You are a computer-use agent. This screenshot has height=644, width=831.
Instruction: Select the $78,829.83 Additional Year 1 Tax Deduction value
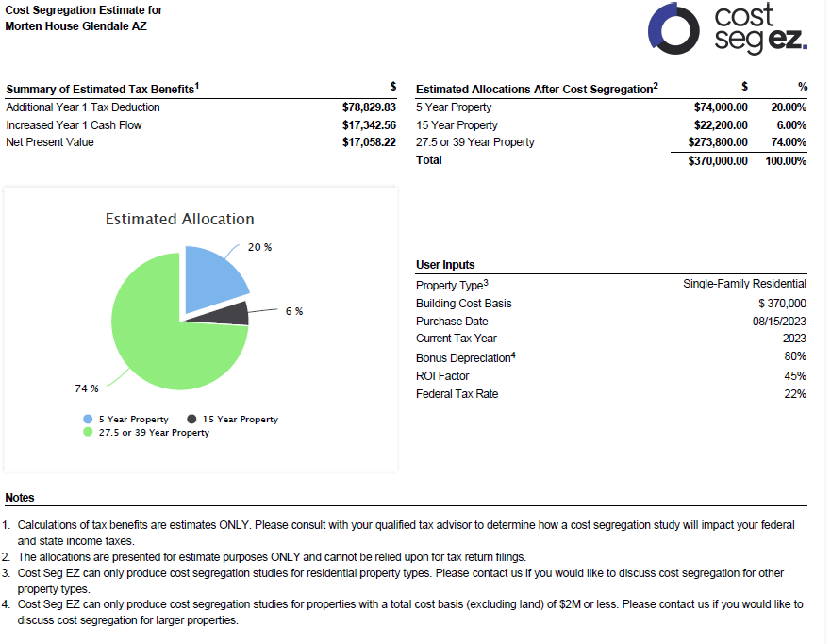click(369, 107)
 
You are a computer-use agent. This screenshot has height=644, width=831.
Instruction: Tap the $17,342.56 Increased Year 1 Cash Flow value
click(369, 124)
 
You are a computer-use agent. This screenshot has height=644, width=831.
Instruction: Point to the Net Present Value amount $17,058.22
click(369, 142)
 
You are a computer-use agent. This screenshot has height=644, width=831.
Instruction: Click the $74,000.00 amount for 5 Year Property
click(721, 107)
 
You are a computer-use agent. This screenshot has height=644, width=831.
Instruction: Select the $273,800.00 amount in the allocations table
click(718, 142)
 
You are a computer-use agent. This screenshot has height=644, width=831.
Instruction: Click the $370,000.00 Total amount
click(718, 160)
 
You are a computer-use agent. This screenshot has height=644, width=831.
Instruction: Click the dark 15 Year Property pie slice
click(231, 314)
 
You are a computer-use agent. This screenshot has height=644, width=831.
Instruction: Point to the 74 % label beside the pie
click(87, 388)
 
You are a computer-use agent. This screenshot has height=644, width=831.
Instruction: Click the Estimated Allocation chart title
click(179, 219)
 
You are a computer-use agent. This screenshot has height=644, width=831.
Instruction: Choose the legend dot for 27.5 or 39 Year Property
click(88, 432)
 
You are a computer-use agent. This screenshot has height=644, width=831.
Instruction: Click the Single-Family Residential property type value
click(744, 284)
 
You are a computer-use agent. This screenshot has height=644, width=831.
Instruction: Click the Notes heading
click(20, 497)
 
